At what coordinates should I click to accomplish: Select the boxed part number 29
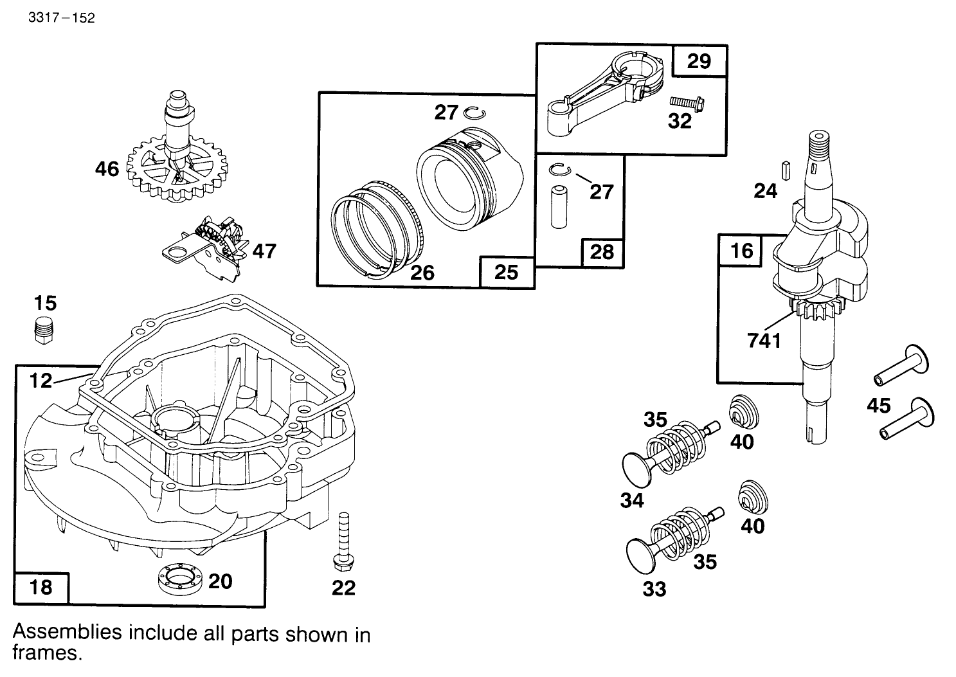(699, 61)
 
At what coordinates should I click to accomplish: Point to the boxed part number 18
(41, 587)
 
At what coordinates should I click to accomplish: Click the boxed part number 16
(741, 250)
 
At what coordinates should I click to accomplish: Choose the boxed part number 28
(602, 252)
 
